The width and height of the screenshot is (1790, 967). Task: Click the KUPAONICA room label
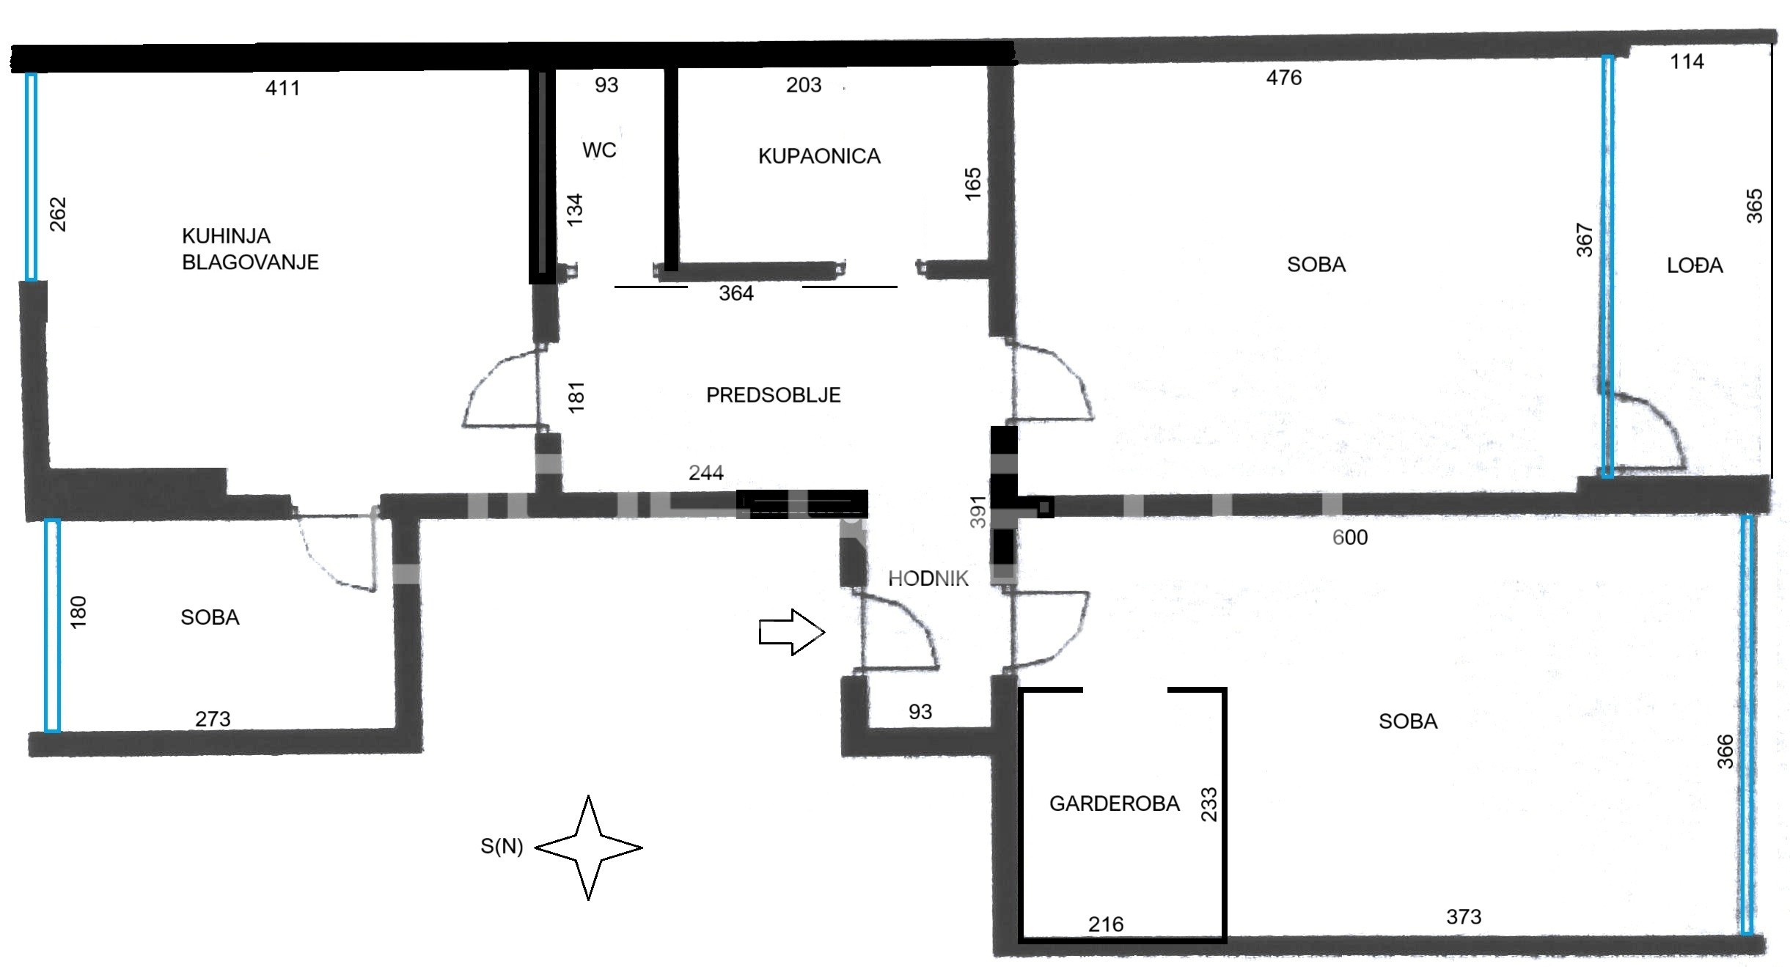(819, 156)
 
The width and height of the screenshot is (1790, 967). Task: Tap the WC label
(599, 150)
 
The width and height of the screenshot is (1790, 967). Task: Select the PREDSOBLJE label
(773, 395)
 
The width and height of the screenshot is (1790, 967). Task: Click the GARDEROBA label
(1114, 804)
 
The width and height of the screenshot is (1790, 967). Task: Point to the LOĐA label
(1695, 265)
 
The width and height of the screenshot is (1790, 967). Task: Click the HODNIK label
(928, 578)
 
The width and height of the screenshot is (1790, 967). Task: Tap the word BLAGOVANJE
(250, 262)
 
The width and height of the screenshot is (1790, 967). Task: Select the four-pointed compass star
(589, 847)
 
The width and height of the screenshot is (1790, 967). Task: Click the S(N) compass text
(502, 847)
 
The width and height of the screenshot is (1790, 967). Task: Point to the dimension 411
(282, 89)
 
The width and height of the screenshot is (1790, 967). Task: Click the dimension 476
(1283, 78)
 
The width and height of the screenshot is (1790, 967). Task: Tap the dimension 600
(1349, 537)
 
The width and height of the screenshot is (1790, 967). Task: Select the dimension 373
(1463, 917)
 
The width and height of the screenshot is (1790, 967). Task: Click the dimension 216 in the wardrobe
(1105, 924)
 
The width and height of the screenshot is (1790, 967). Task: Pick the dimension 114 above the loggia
(1687, 62)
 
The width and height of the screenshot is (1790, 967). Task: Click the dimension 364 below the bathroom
(736, 294)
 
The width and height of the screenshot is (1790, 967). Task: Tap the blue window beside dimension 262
(31, 177)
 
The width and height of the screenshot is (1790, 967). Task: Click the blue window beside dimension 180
(51, 625)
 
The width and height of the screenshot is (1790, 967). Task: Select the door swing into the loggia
(1646, 433)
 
